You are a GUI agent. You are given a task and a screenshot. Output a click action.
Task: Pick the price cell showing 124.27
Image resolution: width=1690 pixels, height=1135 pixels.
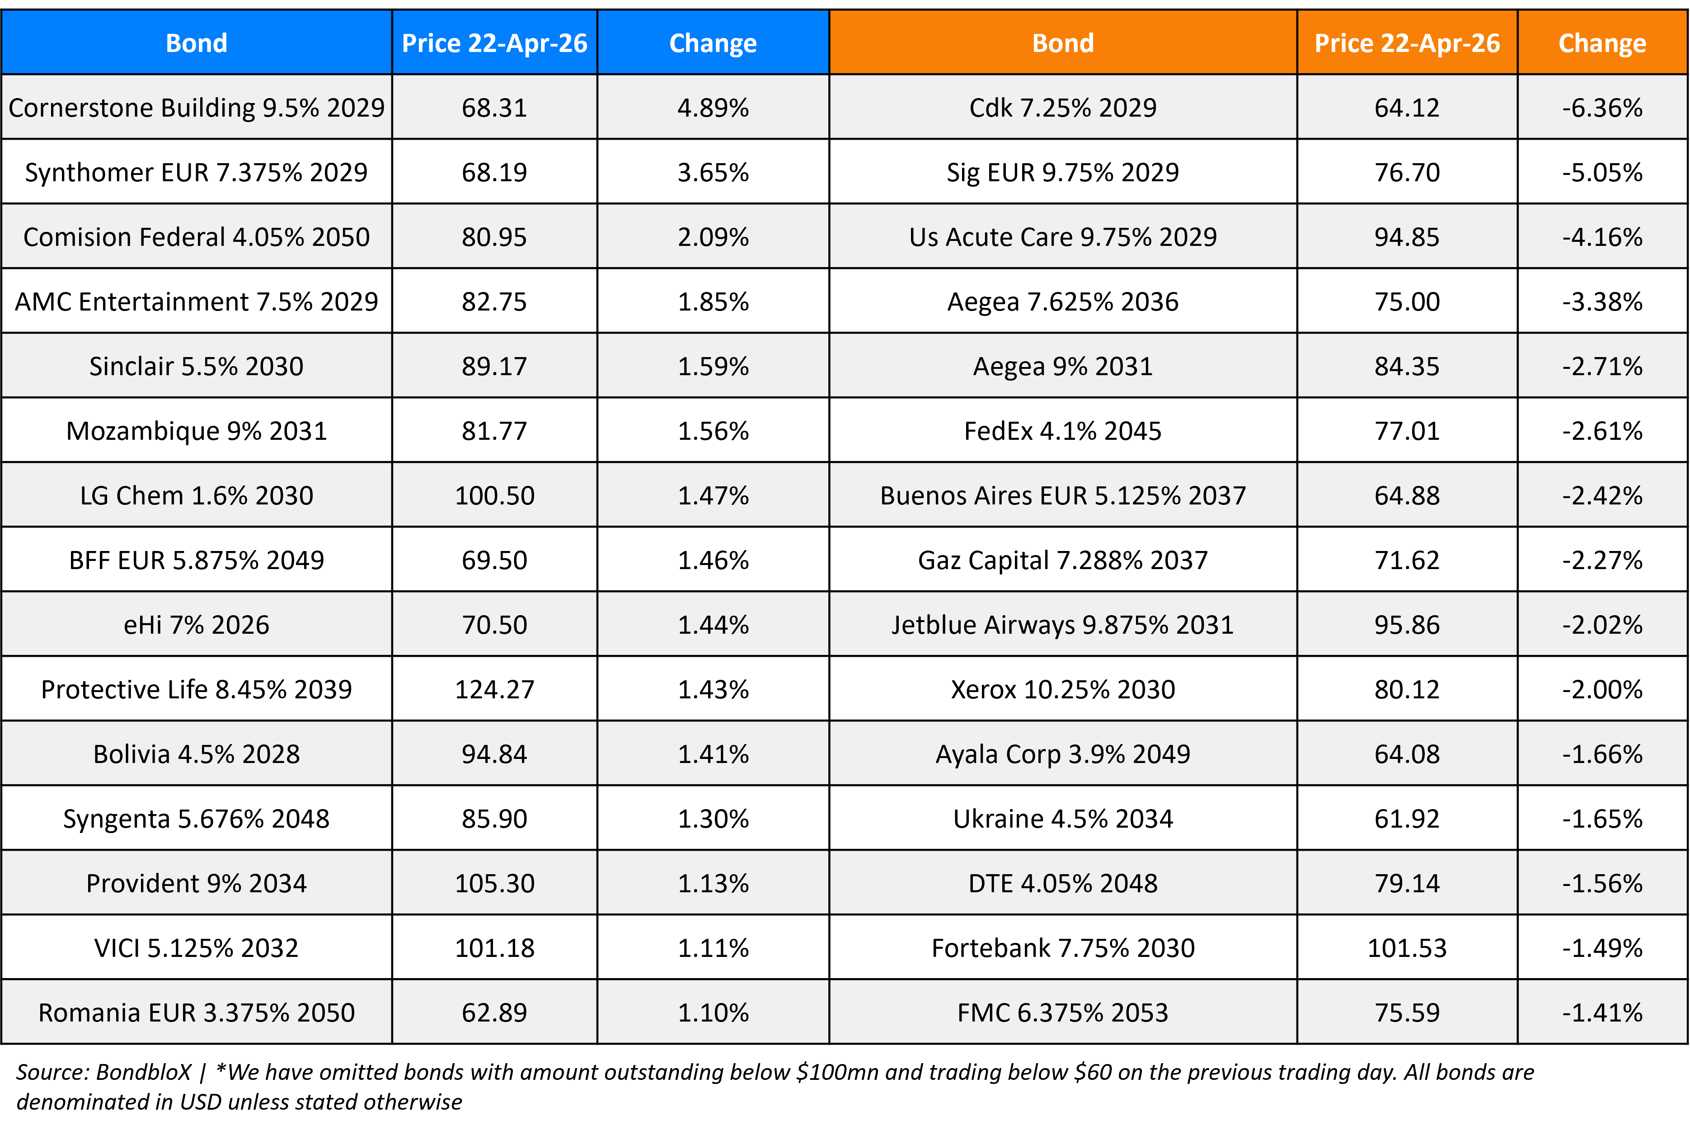pos(494,689)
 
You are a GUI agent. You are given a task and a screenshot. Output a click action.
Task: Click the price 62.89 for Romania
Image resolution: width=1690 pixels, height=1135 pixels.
pos(494,1013)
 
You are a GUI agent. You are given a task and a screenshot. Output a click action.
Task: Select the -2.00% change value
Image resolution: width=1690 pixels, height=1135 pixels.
pos(1602,689)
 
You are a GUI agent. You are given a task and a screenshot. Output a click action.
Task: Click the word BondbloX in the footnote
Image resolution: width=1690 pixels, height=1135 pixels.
pos(143,1072)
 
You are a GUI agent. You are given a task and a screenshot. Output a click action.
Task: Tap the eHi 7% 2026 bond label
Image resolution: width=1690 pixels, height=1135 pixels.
pos(196,625)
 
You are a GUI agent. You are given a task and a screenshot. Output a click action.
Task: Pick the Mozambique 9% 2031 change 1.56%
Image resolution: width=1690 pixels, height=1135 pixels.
pos(713,431)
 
